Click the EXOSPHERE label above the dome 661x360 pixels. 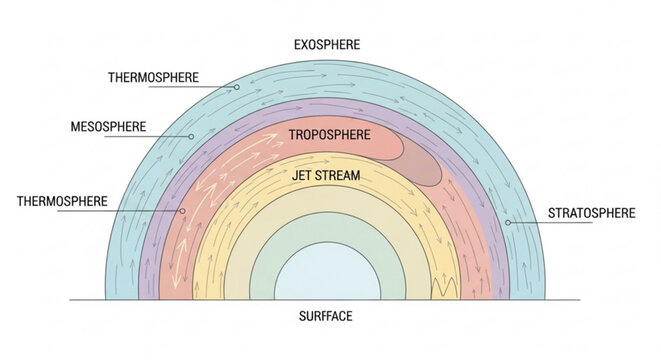(327, 44)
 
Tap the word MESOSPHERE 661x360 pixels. (107, 127)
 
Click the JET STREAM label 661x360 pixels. (326, 176)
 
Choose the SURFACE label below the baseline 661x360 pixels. (326, 317)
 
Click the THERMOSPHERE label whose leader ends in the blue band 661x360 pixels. (153, 77)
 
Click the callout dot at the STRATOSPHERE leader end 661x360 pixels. (508, 222)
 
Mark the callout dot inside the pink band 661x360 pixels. (183, 211)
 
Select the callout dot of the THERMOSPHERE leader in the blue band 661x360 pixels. (237, 87)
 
